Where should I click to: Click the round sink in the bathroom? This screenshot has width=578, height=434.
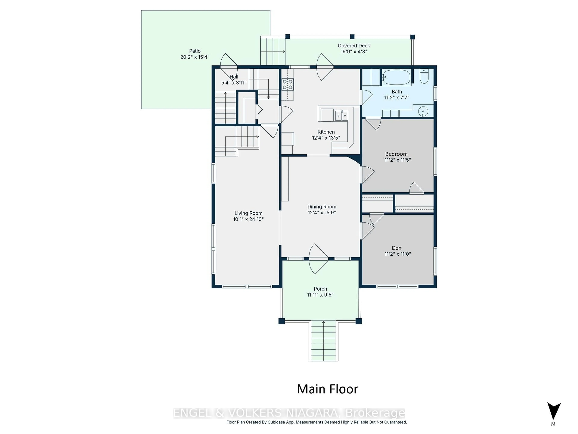[423, 111]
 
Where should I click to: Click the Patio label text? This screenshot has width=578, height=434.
[195, 51]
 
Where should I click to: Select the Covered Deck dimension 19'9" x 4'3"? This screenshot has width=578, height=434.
[354, 52]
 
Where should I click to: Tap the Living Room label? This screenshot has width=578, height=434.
[248, 213]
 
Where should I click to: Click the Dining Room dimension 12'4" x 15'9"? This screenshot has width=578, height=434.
[322, 212]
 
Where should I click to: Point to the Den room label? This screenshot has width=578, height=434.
[396, 248]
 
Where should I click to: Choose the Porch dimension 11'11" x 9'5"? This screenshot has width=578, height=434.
[320, 295]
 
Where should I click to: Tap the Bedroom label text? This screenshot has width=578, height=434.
[396, 154]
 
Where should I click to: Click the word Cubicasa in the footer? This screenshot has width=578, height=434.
[278, 422]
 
